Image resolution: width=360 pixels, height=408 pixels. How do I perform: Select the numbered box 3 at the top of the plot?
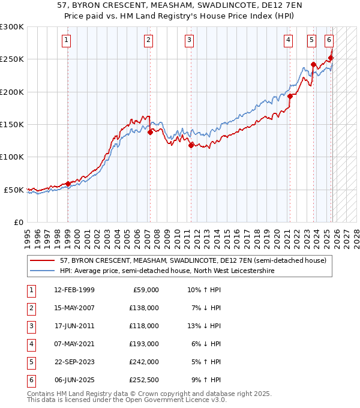[x=189, y=40]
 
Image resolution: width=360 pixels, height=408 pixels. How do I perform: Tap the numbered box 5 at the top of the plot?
[x=312, y=40]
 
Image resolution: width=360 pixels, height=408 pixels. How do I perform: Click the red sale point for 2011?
[x=191, y=145]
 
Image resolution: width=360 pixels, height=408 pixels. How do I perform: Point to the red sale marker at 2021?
[x=290, y=96]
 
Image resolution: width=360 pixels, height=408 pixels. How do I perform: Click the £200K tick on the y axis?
[x=12, y=92]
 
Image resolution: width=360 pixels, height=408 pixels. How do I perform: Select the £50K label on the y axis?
[x=14, y=190]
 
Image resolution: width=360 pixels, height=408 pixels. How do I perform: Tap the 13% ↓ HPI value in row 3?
[x=205, y=326]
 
